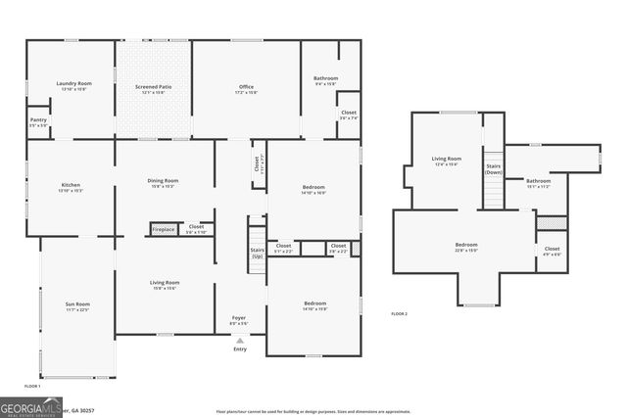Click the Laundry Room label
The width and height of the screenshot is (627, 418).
click(x=70, y=86)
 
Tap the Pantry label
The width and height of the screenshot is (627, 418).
click(x=38, y=121)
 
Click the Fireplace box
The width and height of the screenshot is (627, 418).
click(x=163, y=229)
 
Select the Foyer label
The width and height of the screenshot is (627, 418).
click(x=239, y=318)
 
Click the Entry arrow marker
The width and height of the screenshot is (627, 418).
click(x=239, y=341)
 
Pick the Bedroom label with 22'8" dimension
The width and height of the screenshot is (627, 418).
click(x=466, y=245)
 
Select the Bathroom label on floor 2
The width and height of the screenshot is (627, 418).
click(x=538, y=181)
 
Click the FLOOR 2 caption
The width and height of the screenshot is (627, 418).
click(x=399, y=313)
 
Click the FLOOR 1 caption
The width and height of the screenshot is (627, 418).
click(x=31, y=386)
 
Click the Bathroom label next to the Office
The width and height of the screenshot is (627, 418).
click(x=325, y=79)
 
